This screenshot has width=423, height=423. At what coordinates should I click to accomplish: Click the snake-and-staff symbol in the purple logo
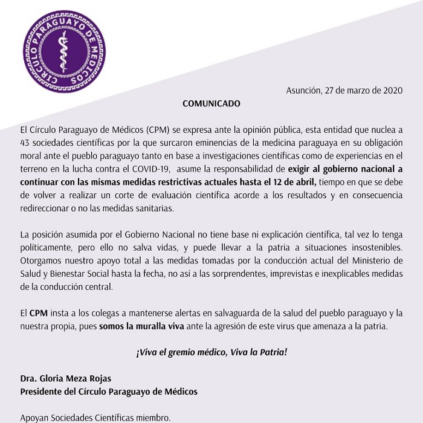[64, 51]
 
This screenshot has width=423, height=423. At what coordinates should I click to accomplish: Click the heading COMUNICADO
[211, 103]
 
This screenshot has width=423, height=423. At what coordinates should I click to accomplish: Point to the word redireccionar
[46, 208]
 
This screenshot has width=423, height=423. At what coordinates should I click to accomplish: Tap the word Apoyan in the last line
[35, 417]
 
